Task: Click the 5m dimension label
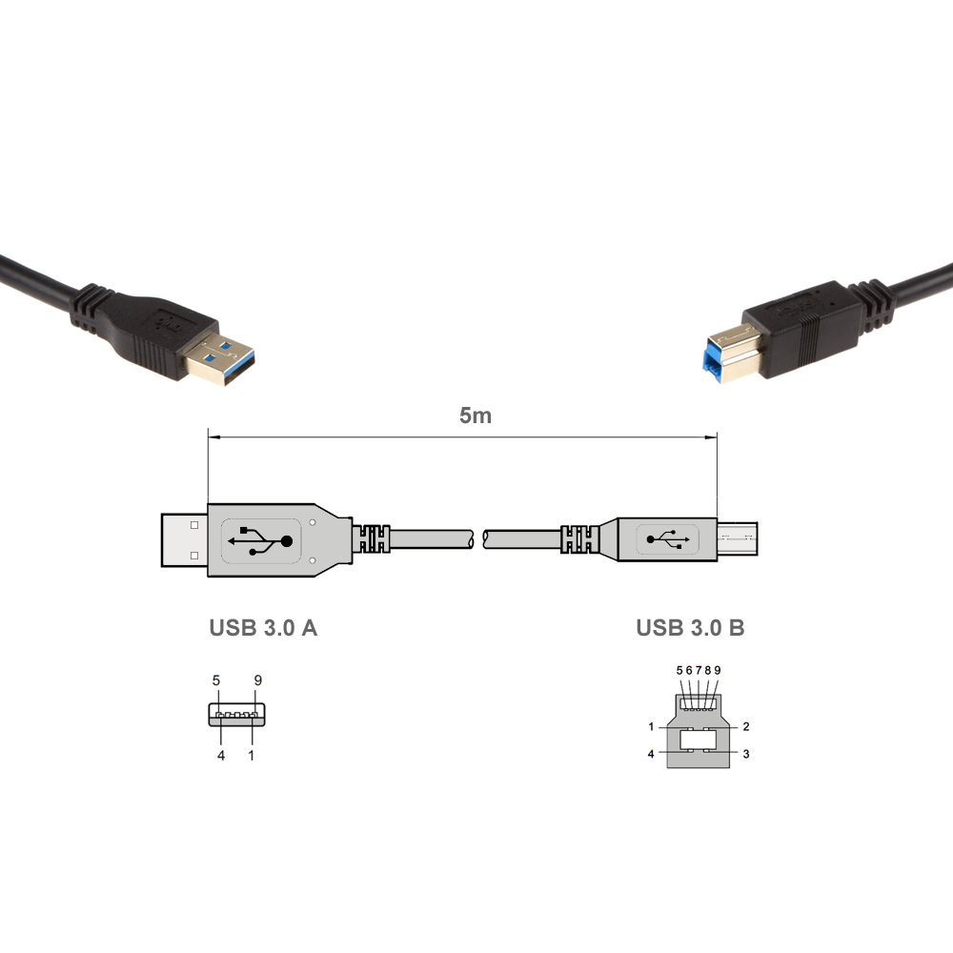tap(476, 416)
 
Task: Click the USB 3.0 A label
tap(263, 628)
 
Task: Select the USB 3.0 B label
tap(691, 628)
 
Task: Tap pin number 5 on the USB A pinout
tap(217, 680)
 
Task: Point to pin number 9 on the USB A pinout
tap(258, 680)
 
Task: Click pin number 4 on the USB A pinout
tap(221, 756)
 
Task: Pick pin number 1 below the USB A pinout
tap(252, 756)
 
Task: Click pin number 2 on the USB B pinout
tap(746, 726)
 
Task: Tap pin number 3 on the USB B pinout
tap(746, 754)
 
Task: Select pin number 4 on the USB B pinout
tap(651, 754)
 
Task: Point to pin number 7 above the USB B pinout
tap(699, 670)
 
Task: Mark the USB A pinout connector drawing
tap(236, 715)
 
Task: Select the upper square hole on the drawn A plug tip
tap(194, 524)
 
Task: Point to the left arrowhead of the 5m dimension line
tap(213, 437)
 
